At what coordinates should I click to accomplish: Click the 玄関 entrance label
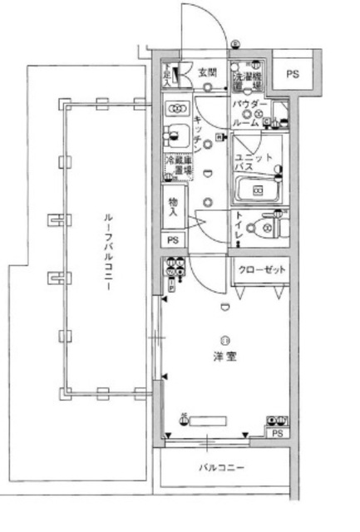[x=207, y=72]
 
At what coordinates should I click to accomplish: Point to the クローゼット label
[x=262, y=270]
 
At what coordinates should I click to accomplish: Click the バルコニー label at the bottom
[x=221, y=467]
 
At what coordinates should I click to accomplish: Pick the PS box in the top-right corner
[x=293, y=74]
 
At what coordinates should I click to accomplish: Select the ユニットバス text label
[x=249, y=162]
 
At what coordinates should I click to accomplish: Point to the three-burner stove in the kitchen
[x=176, y=108]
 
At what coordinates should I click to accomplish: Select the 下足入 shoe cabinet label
[x=167, y=76]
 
